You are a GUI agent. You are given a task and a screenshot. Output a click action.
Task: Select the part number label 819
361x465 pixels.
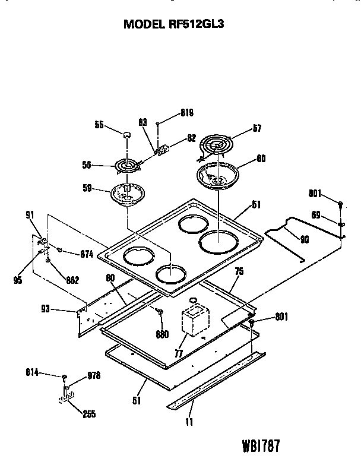(x=187, y=113)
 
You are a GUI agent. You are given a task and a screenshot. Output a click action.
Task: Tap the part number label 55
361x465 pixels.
(x=100, y=125)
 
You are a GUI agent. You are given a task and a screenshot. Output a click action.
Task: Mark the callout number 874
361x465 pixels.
(x=86, y=254)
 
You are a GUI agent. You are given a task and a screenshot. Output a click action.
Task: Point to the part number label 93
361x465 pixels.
(x=61, y=309)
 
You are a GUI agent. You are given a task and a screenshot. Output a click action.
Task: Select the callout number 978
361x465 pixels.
(x=94, y=375)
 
